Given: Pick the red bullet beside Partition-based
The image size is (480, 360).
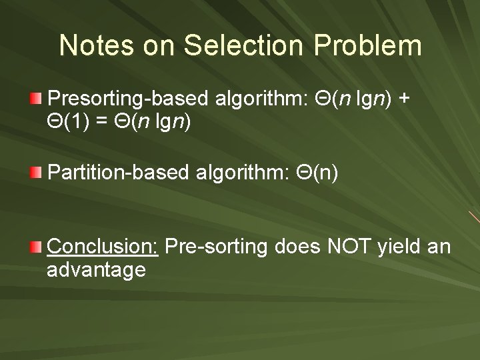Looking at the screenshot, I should [x=36, y=174].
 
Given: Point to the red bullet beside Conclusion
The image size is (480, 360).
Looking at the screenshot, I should [x=36, y=247].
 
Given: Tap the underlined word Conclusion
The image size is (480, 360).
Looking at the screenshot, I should [x=103, y=247].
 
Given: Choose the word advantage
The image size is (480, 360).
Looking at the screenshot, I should [x=97, y=270].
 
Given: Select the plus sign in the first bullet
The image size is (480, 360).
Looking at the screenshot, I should [x=404, y=100].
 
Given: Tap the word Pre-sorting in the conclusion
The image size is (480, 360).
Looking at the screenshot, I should [x=214, y=247].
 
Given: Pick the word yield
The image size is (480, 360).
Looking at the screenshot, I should [x=398, y=247].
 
